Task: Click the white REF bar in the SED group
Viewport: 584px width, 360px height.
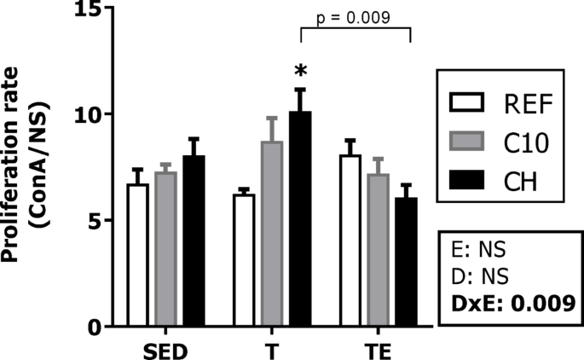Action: (x=138, y=256)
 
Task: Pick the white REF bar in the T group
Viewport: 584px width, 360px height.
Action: (x=245, y=261)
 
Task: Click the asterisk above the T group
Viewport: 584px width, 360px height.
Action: (x=299, y=68)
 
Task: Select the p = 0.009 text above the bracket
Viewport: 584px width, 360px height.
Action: (x=356, y=18)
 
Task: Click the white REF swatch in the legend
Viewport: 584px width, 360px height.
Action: (x=467, y=107)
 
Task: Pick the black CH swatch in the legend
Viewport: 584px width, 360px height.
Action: (x=467, y=180)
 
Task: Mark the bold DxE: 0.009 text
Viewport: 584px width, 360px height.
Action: (x=511, y=302)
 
